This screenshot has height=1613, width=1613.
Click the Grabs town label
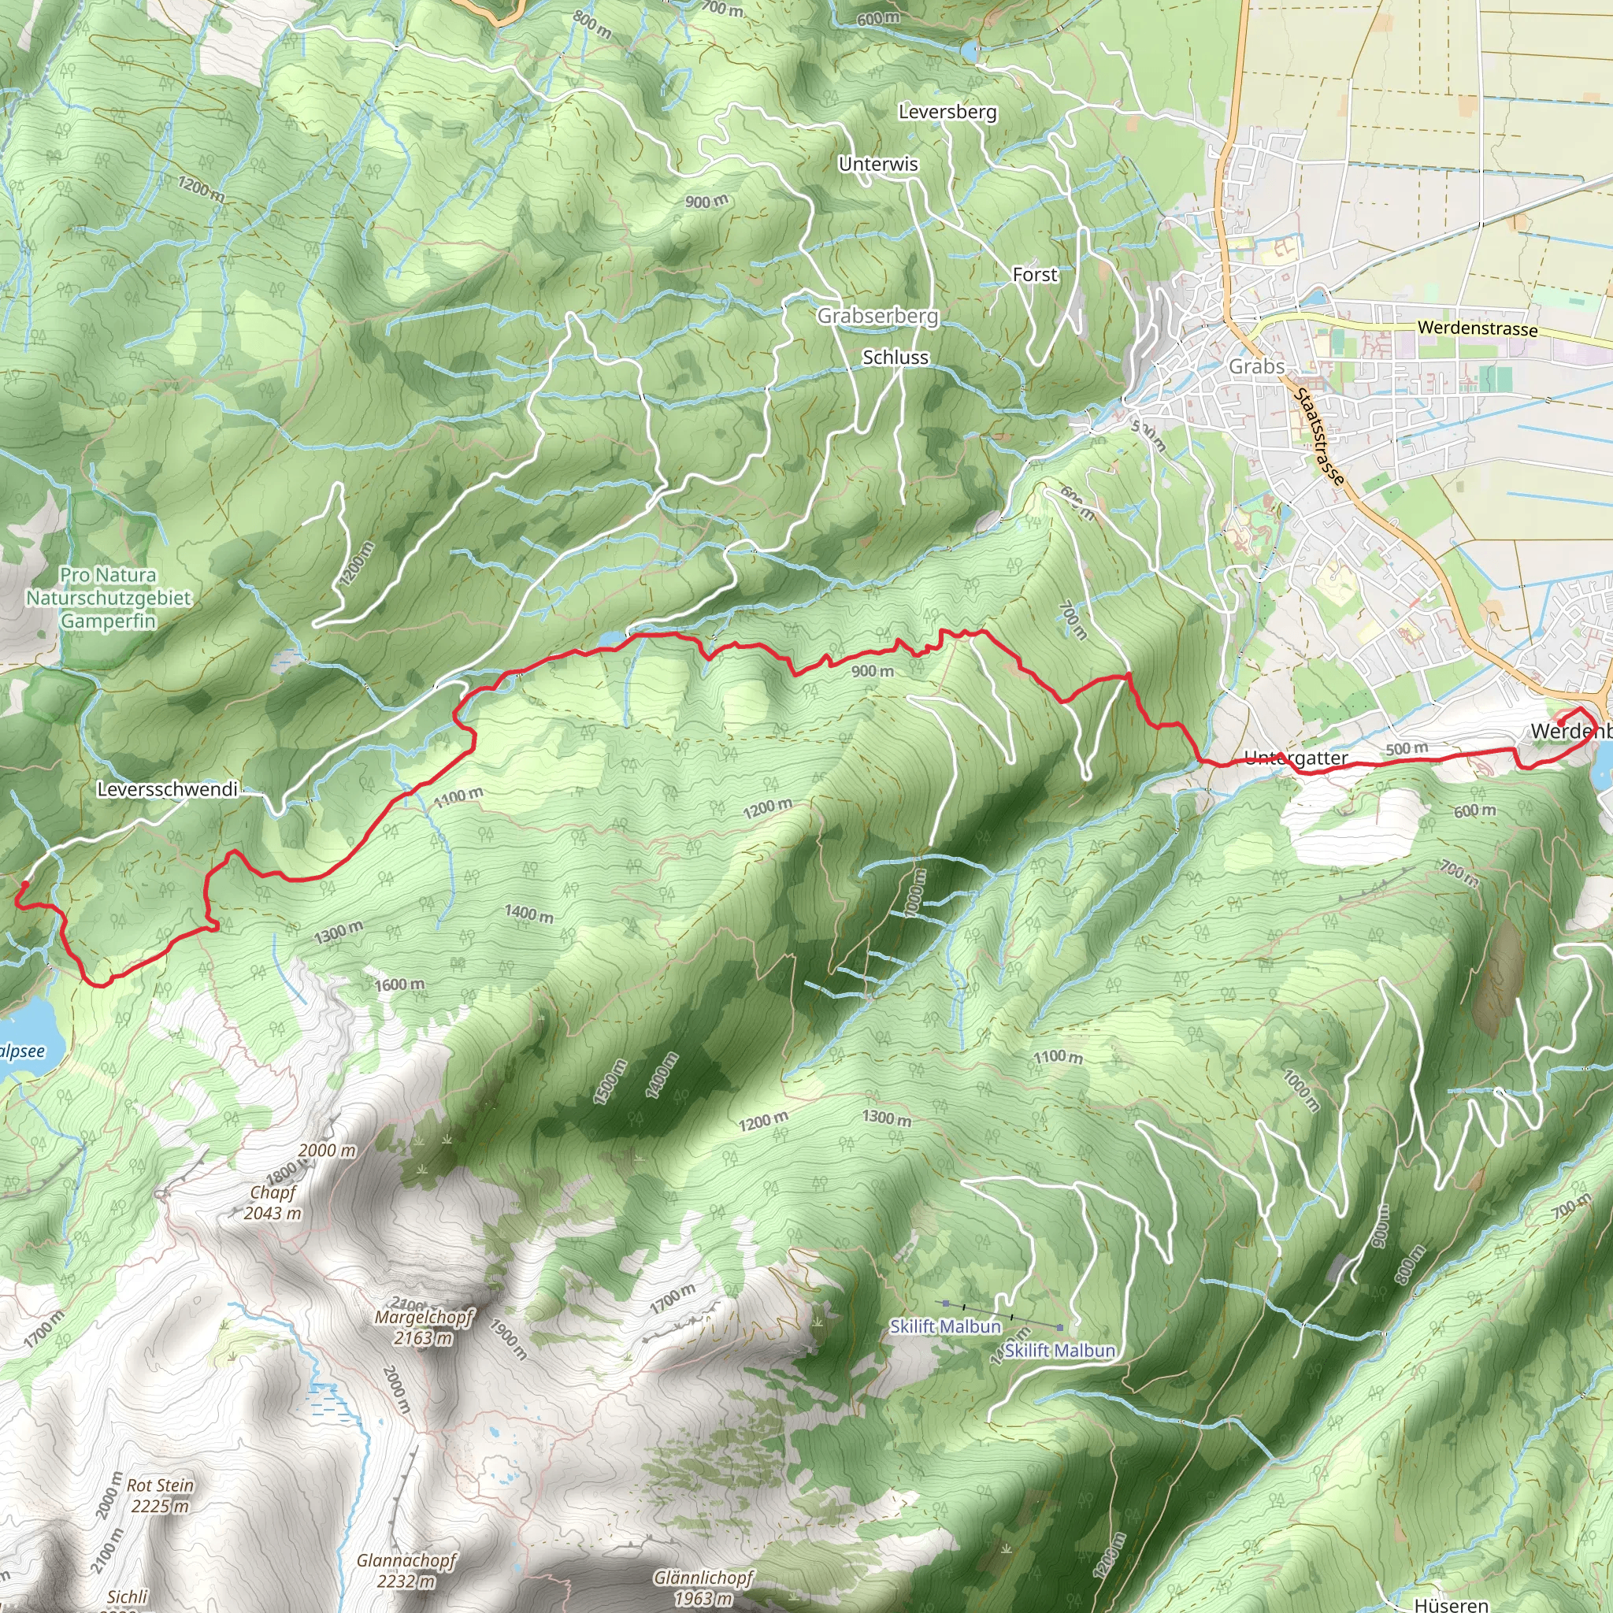tap(1256, 366)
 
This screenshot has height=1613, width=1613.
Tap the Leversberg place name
tap(947, 112)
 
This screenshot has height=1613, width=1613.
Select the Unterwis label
tap(878, 165)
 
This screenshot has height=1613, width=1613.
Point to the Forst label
tap(1034, 275)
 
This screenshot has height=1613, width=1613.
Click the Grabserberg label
tap(877, 316)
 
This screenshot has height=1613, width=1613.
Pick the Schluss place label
tap(895, 358)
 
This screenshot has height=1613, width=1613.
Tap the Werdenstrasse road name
tap(1477, 328)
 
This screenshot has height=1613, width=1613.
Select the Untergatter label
tap(1296, 758)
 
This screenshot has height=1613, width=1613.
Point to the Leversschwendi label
tap(168, 789)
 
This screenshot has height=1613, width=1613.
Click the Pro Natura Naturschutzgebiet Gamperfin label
tap(108, 598)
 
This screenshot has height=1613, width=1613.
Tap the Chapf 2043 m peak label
tap(273, 1203)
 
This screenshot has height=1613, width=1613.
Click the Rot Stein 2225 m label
tap(159, 1496)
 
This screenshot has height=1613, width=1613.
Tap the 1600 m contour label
tap(399, 985)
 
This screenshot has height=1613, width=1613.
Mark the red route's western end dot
tap(25, 884)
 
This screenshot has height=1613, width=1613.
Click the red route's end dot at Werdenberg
tap(1560, 722)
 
